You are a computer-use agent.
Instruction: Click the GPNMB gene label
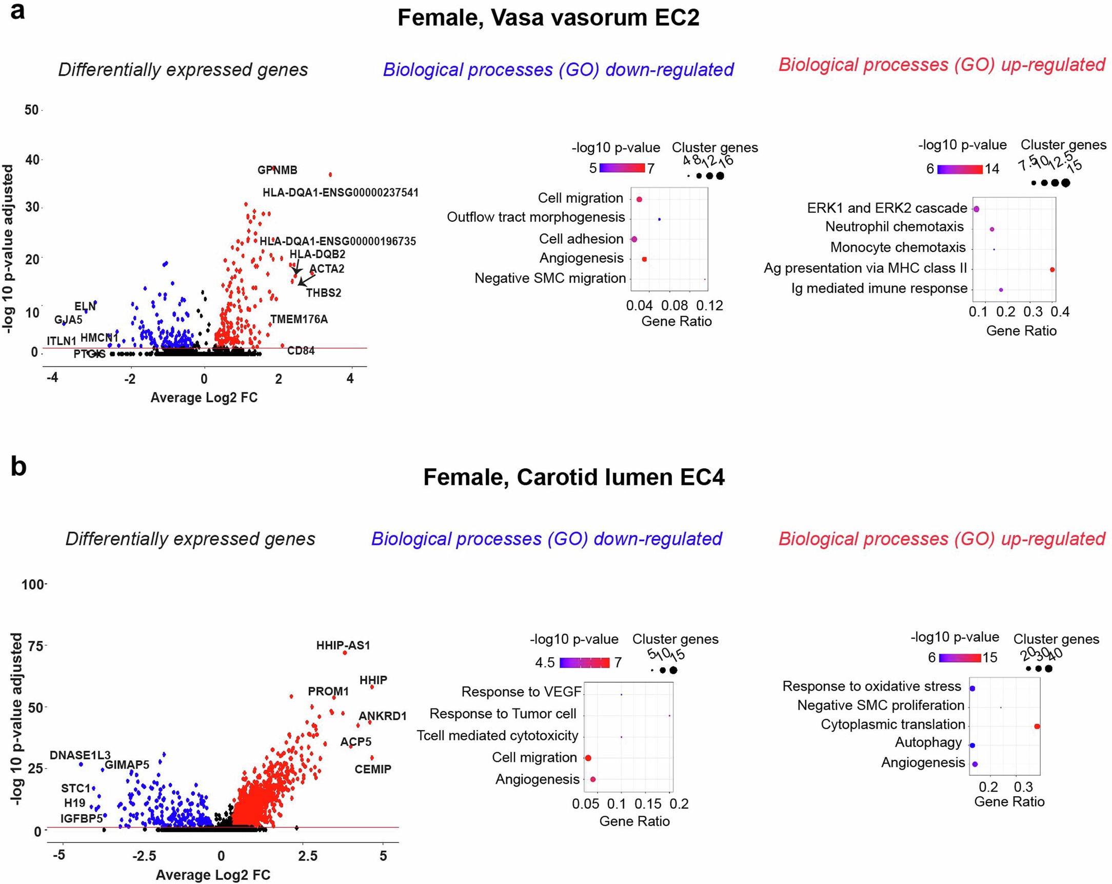(x=277, y=170)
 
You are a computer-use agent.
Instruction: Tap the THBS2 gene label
(x=323, y=292)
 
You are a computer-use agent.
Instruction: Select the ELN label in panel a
(x=85, y=306)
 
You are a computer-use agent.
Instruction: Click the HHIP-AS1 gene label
(x=343, y=645)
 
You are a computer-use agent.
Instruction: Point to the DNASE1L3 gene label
(x=80, y=756)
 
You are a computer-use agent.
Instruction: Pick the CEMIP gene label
(x=372, y=769)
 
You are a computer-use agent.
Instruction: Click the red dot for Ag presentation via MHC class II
(x=1052, y=269)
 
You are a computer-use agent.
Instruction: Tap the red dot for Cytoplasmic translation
(x=1037, y=726)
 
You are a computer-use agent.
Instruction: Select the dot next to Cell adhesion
(x=634, y=239)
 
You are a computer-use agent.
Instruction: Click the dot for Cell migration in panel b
(x=587, y=758)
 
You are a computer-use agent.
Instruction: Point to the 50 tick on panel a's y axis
(x=31, y=110)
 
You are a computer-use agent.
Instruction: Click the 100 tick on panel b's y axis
(x=32, y=585)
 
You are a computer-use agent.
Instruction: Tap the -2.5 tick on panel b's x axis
(x=144, y=856)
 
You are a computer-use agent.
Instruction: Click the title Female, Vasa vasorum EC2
(x=548, y=18)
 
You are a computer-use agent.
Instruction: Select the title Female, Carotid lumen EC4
(x=573, y=477)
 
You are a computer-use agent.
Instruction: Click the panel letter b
(x=18, y=467)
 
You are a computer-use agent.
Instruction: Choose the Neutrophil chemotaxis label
(x=895, y=227)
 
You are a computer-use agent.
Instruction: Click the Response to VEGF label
(x=521, y=692)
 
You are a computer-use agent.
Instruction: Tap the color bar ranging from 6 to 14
(x=960, y=169)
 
